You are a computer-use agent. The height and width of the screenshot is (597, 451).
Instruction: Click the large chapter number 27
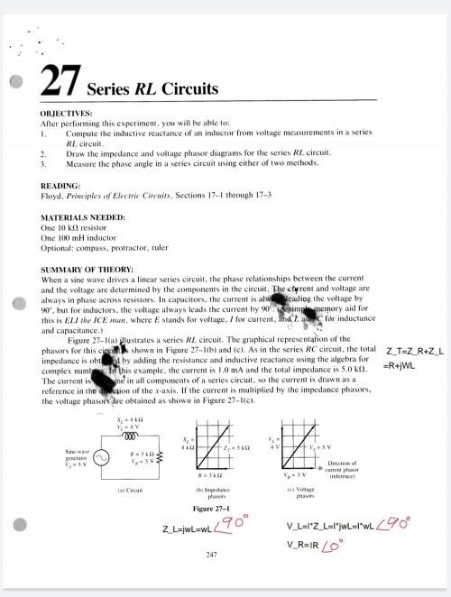coord(61,82)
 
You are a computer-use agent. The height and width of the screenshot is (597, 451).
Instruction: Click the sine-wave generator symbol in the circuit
coord(102,460)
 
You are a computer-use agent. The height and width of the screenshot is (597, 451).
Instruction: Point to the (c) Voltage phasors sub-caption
coord(305,493)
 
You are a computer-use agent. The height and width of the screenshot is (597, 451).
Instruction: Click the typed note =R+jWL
coord(403,365)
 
